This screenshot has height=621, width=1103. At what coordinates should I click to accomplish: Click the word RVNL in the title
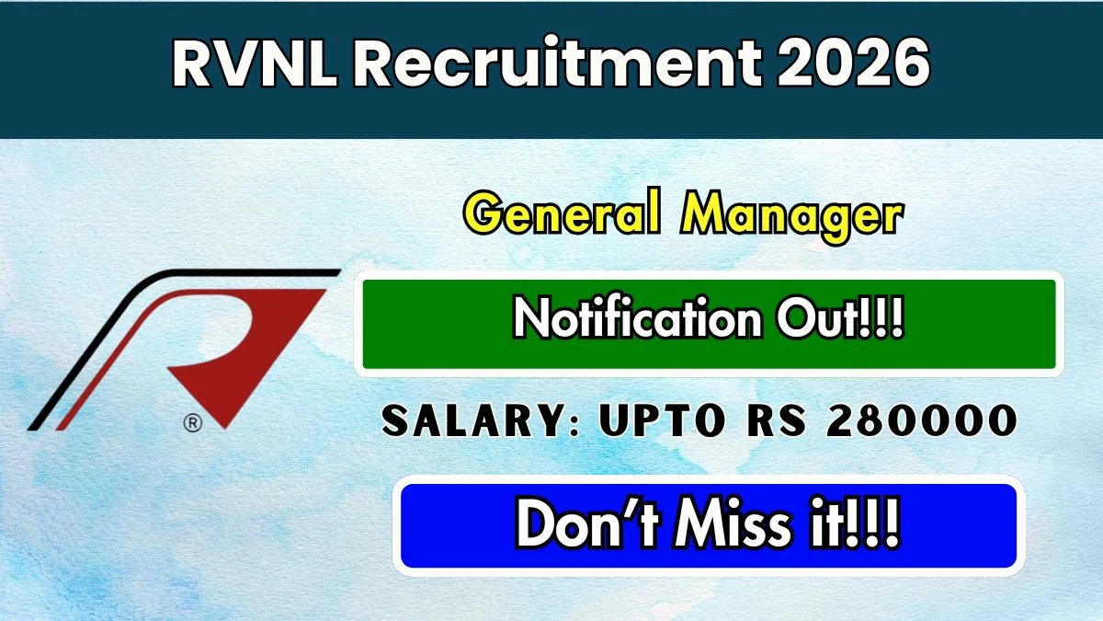click(255, 64)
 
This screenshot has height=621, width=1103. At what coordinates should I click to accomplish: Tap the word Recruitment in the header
click(557, 63)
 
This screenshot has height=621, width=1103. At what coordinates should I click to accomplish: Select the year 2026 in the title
click(853, 63)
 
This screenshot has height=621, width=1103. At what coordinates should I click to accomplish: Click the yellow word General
click(562, 215)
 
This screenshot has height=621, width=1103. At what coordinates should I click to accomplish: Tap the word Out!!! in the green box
click(840, 318)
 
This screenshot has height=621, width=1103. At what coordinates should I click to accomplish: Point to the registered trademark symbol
click(192, 423)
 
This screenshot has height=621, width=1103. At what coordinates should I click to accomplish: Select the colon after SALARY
click(574, 426)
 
